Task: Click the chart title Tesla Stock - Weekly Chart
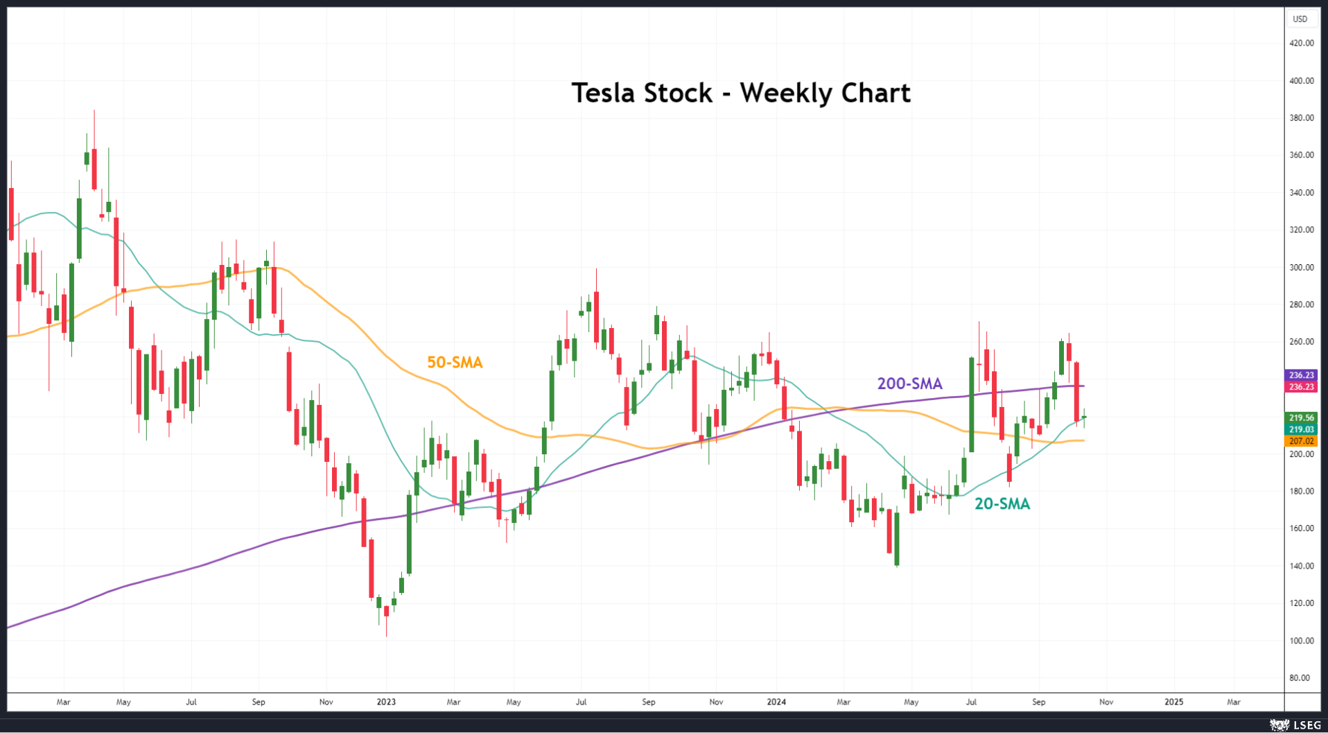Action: (x=740, y=93)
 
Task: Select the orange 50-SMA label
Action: (x=455, y=362)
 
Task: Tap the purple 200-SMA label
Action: (x=909, y=383)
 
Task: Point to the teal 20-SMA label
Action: (x=1002, y=504)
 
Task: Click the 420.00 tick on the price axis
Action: (x=1301, y=43)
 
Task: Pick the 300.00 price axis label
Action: (x=1301, y=267)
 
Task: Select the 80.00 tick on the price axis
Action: (x=1301, y=678)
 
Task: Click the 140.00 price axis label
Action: (x=1301, y=566)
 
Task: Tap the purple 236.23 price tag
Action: (x=1301, y=375)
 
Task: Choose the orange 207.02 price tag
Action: (x=1301, y=441)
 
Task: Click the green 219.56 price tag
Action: (x=1301, y=417)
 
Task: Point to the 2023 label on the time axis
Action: (x=386, y=702)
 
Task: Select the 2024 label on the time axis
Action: (x=776, y=702)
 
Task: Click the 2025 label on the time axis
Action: (x=1173, y=702)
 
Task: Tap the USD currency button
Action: (x=1300, y=19)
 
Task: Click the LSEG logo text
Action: (x=1307, y=725)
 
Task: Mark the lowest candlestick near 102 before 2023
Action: (x=386, y=617)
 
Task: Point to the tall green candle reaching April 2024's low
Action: (x=897, y=538)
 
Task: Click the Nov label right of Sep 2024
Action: (x=1106, y=702)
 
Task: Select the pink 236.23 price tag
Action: (x=1301, y=387)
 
